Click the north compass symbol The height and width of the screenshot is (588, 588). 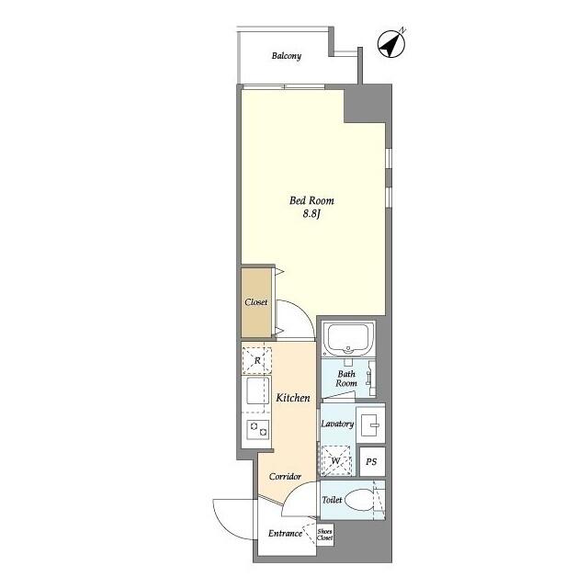click(391, 44)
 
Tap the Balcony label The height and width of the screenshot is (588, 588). click(287, 56)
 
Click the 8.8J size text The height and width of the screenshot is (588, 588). click(311, 214)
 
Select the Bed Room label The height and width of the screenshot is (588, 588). click(311, 200)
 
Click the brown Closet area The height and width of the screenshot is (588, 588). click(256, 302)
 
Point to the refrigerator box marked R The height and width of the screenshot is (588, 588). click(257, 360)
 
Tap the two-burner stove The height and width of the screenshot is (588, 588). click(258, 429)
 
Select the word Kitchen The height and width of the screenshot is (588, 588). click(293, 398)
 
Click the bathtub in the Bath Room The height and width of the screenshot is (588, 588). click(348, 338)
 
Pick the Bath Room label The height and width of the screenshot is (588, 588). click(346, 379)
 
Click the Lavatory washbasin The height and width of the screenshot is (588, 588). click(370, 424)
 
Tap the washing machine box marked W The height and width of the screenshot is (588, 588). click(336, 460)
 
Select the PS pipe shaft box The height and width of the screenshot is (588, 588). click(372, 461)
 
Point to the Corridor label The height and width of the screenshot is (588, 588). click(286, 476)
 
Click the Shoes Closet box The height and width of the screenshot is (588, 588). click(324, 535)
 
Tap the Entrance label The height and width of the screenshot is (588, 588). click(285, 533)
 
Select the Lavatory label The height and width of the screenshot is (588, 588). click(337, 424)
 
